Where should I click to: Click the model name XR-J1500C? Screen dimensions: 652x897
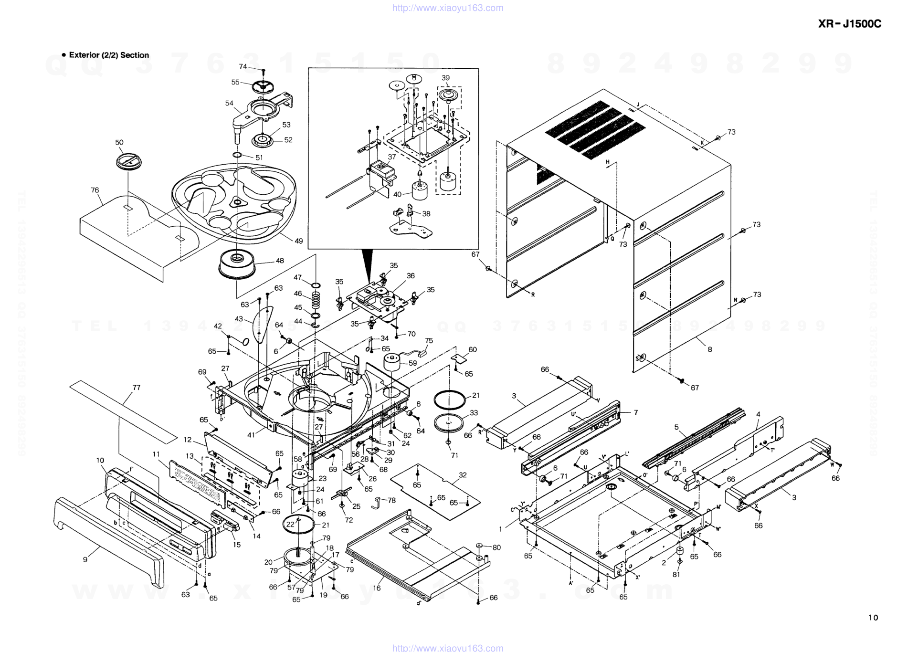849,24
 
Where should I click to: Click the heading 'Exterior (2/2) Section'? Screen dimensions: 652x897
109,55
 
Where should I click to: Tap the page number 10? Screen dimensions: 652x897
873,618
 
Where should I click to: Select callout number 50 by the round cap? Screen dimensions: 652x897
119,142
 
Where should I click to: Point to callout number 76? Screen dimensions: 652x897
95,190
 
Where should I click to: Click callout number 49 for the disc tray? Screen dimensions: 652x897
299,241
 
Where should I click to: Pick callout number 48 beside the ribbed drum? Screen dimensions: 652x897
280,261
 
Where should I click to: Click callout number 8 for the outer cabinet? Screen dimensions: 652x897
710,349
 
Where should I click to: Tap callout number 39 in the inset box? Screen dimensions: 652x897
445,78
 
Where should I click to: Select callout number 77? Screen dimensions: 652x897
137,388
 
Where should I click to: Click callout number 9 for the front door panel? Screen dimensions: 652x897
85,559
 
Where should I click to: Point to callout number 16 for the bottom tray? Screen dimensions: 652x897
377,588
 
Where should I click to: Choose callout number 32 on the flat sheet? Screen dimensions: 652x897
463,475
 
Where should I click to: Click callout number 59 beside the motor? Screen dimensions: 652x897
413,363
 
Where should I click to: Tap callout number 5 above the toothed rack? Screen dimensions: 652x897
676,427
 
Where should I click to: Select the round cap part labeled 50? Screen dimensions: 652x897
128,161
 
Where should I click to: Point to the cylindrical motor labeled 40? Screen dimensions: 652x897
420,190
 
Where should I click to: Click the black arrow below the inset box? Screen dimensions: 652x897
368,264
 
